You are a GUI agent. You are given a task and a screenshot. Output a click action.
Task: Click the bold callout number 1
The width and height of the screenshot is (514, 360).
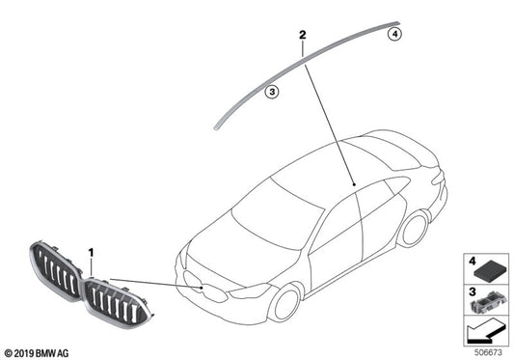(92, 253)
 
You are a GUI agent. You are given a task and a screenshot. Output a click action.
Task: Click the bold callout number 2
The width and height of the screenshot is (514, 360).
(302, 37)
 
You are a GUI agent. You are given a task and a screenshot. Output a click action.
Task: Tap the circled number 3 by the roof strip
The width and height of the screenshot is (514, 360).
(273, 92)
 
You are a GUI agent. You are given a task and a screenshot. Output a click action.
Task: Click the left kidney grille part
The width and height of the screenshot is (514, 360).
(56, 272)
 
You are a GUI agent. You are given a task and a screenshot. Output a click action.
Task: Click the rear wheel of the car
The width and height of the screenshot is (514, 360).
(414, 229)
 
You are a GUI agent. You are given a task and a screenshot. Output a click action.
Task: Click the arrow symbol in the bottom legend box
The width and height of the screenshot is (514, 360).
(482, 334)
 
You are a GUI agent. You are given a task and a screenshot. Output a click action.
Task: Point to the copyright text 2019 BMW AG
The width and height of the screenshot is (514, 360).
(38, 353)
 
